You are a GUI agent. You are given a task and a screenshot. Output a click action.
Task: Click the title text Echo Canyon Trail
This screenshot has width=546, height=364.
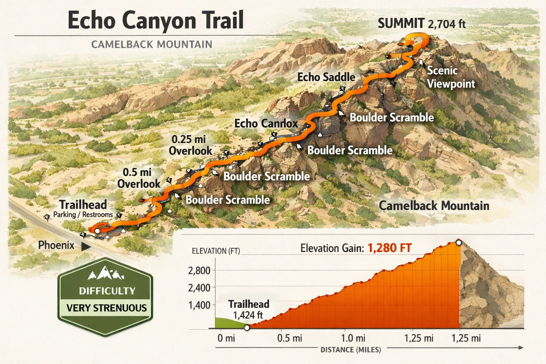[155, 20]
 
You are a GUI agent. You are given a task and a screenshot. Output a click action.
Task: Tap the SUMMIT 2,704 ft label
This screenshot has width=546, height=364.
[421, 23]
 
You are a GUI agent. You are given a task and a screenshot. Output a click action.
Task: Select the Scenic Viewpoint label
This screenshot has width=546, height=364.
[450, 77]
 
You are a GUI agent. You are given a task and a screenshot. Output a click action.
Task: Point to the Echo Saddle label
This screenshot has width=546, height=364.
[326, 77]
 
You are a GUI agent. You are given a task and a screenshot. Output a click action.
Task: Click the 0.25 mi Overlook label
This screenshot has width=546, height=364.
[190, 145]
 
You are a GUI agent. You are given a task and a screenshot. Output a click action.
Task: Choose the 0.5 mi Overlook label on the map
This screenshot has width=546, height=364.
[139, 178]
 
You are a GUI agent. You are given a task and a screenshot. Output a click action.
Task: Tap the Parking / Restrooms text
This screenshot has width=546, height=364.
[83, 215]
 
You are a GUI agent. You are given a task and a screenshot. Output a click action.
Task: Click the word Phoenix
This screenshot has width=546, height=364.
[56, 245]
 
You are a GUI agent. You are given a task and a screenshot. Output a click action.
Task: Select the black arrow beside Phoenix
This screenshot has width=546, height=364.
[86, 246]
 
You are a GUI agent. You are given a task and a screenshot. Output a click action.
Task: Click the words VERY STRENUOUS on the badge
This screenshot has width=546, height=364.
[106, 308]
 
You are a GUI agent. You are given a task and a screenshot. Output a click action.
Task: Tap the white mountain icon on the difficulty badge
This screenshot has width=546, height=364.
[106, 274]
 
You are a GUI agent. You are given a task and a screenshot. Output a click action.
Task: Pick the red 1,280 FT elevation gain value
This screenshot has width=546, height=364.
[389, 248]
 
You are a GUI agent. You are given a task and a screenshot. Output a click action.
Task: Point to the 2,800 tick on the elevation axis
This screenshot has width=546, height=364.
[199, 271]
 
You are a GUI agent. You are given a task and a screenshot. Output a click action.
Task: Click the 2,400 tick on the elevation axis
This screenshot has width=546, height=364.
[199, 288]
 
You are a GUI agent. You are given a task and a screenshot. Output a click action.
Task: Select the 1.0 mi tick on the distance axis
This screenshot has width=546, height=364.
[353, 338]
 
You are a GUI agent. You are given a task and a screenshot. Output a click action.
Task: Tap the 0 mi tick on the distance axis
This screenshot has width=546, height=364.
[226, 338]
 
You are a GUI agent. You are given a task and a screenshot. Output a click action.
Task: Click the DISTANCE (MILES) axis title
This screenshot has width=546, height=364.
[350, 350]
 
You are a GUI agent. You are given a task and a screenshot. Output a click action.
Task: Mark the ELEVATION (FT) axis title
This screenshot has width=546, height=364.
[216, 251]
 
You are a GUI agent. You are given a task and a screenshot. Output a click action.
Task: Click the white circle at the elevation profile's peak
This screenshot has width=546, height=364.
[459, 243]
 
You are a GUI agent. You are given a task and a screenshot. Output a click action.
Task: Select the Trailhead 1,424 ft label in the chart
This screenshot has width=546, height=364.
[248, 309]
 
